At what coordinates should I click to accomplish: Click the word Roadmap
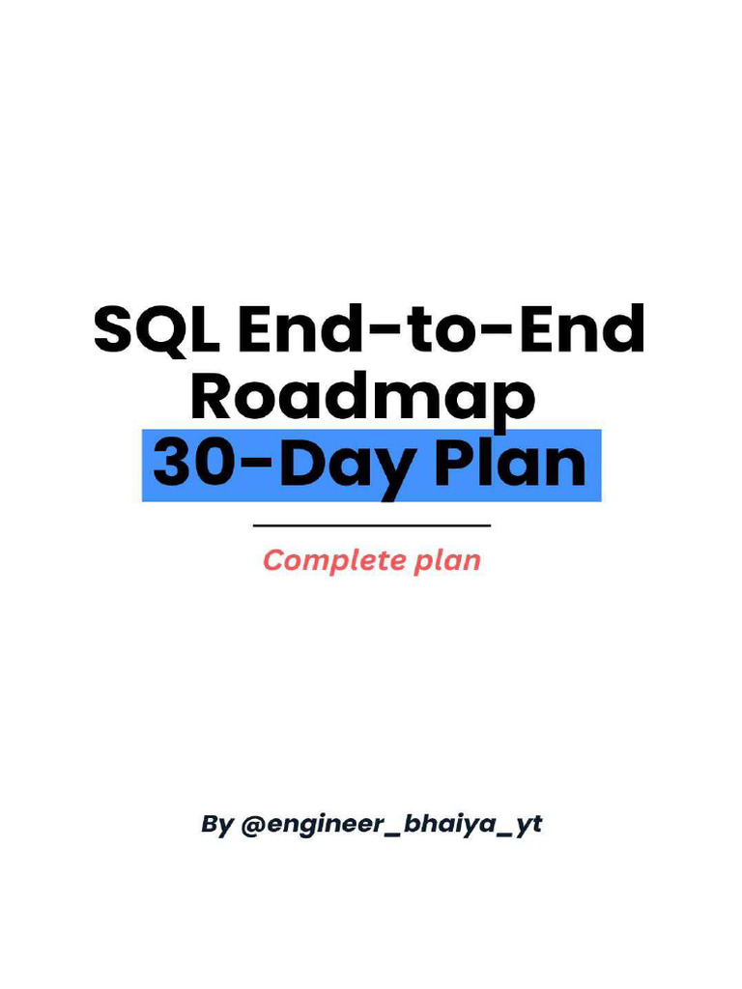pyautogui.click(x=362, y=396)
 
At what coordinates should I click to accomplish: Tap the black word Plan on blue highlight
pyautogui.click(x=508, y=464)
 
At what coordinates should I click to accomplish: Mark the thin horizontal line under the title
pyautogui.click(x=371, y=525)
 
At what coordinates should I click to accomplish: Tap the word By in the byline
pyautogui.click(x=216, y=826)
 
